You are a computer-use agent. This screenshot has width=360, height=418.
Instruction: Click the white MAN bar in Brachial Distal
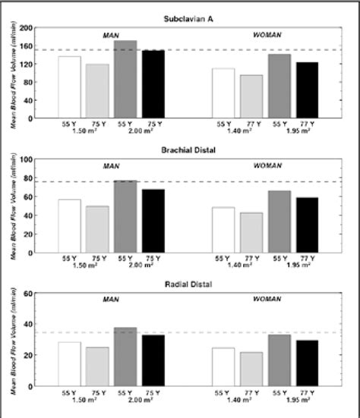69,225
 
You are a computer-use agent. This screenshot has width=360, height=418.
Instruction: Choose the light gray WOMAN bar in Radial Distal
251,369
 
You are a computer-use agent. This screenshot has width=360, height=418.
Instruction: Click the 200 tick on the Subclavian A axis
28,28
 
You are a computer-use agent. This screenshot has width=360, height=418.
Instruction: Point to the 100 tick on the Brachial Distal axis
28,160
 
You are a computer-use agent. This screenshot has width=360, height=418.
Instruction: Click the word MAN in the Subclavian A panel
113,36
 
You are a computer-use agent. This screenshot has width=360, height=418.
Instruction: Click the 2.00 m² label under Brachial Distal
139,266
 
